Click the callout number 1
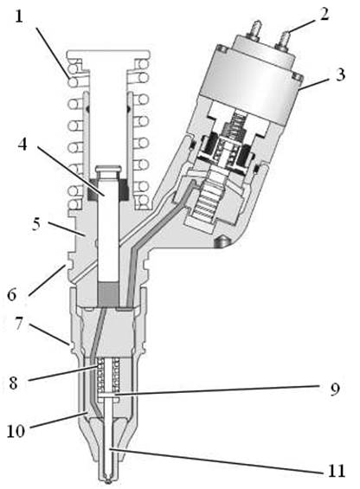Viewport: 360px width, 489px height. click(x=19, y=16)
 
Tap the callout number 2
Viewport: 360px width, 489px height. click(x=325, y=14)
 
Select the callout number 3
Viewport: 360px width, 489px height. click(x=341, y=75)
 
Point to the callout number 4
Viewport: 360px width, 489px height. click(x=22, y=144)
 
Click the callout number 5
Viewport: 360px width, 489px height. click(x=36, y=224)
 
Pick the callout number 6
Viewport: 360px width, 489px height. click(x=12, y=294)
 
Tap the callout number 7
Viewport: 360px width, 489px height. click(x=19, y=324)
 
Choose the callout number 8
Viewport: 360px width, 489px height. click(x=14, y=383)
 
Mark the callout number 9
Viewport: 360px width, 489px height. click(x=335, y=389)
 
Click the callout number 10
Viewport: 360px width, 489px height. click(x=16, y=431)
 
